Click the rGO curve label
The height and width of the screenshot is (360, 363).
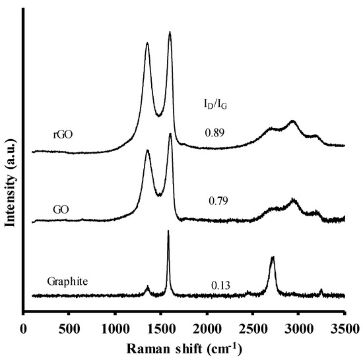coord(63,135)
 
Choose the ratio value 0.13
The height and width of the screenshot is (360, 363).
coord(220,285)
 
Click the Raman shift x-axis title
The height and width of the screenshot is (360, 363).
coord(185,346)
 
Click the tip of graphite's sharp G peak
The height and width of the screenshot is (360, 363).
coord(168,231)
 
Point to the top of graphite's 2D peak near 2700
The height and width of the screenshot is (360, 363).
coord(272,258)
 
